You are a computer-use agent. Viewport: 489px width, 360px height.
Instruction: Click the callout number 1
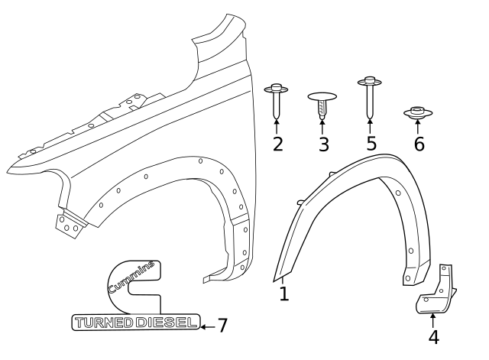click(x=283, y=294)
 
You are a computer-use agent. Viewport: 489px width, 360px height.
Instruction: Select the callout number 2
click(x=277, y=143)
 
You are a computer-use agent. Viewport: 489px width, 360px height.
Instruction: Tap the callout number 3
click(x=324, y=144)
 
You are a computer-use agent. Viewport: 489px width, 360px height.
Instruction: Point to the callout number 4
click(x=433, y=336)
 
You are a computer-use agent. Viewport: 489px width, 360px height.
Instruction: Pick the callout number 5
click(x=371, y=143)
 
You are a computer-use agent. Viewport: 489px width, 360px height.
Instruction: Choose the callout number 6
click(x=419, y=143)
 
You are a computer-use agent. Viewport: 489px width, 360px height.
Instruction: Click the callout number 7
click(x=222, y=326)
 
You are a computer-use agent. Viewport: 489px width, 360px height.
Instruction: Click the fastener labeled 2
click(x=277, y=99)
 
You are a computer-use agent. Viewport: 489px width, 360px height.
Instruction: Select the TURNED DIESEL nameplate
click(x=135, y=323)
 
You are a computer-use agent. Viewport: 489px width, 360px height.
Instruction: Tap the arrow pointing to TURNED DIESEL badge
click(x=206, y=326)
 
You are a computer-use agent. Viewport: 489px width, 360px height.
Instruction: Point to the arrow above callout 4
click(x=433, y=319)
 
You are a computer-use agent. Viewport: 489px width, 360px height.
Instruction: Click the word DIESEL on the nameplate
click(x=166, y=323)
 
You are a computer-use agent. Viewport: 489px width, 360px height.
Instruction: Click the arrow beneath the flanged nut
click(x=418, y=128)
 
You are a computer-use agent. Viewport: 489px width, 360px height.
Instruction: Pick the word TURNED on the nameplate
click(x=103, y=323)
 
